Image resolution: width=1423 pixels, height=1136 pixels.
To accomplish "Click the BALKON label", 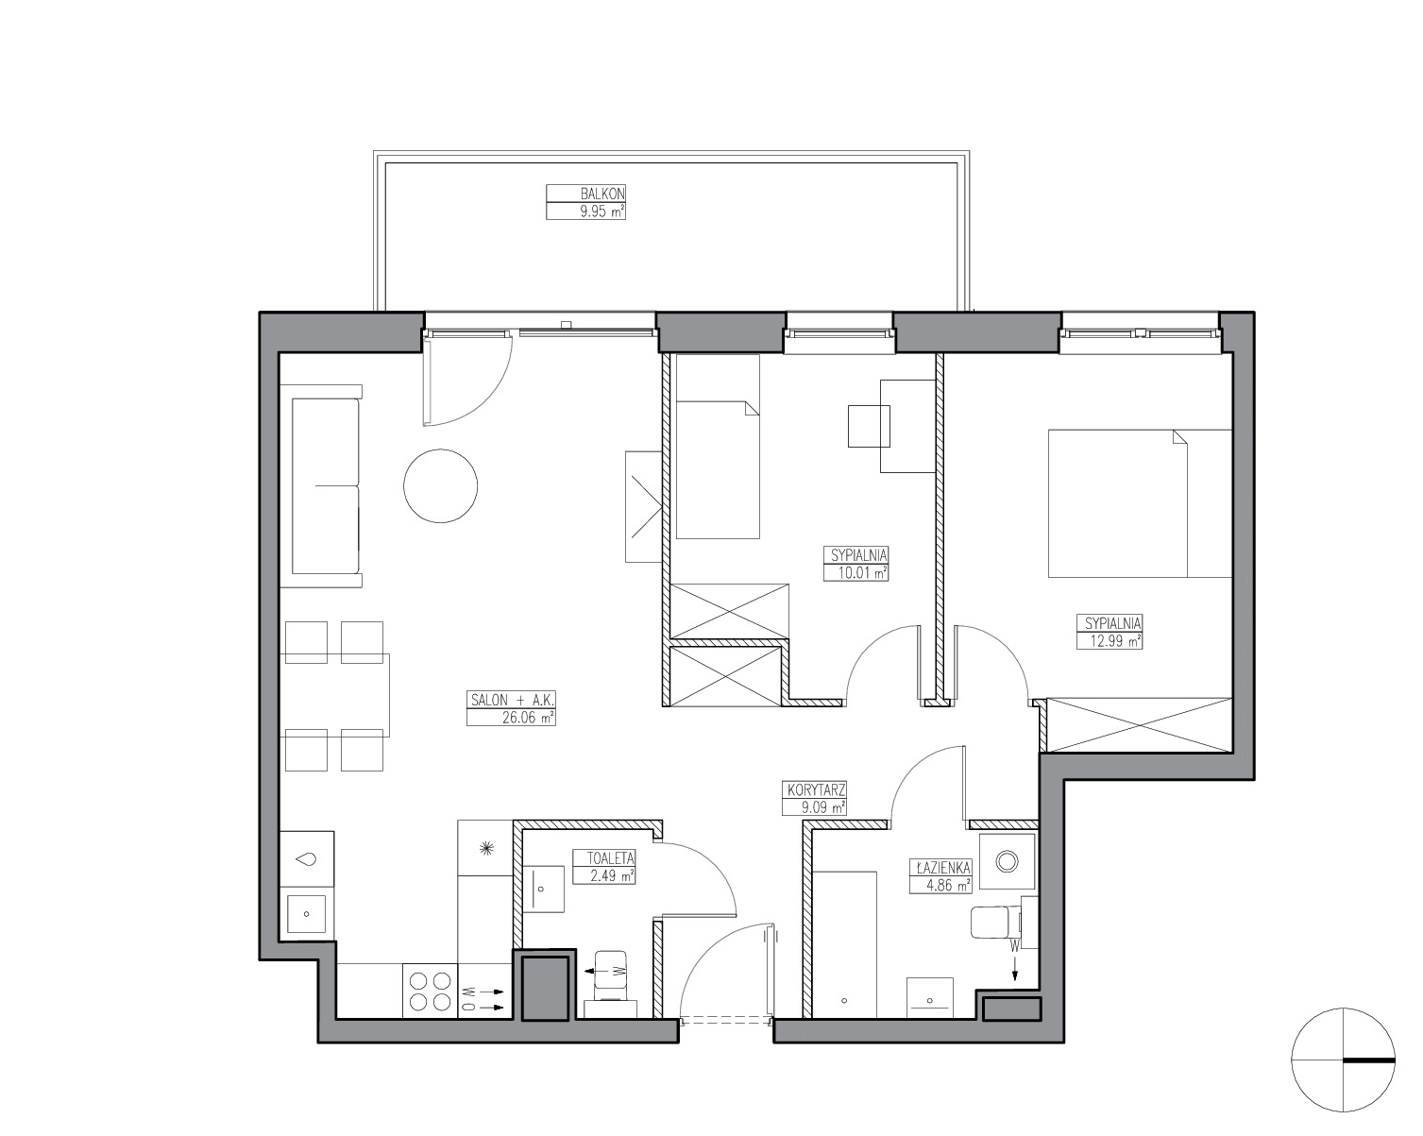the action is click(602, 194).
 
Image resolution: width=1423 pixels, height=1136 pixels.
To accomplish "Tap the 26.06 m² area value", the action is click(528, 718).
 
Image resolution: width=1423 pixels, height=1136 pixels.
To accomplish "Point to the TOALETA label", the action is click(611, 858).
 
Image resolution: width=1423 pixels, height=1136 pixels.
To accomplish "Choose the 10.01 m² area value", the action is click(862, 572).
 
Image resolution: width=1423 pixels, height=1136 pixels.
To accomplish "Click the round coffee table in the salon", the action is click(440, 486).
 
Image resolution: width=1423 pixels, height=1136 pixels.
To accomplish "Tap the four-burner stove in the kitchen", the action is click(430, 992).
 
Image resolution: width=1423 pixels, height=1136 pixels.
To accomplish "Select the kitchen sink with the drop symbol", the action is click(307, 859).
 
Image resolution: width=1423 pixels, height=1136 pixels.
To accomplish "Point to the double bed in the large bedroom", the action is click(1140, 503).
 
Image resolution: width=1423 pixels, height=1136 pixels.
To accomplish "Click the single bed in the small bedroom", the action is click(718, 446).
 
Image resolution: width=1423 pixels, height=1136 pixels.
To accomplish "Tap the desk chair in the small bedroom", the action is click(869, 427).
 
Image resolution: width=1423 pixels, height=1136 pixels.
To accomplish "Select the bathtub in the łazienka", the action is click(844, 944).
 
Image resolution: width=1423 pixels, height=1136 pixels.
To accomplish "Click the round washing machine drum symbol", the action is click(1008, 861).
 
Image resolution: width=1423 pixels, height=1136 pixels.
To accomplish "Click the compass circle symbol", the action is click(1344, 1060).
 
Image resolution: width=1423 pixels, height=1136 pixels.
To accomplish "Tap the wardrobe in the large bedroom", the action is click(1140, 724).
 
